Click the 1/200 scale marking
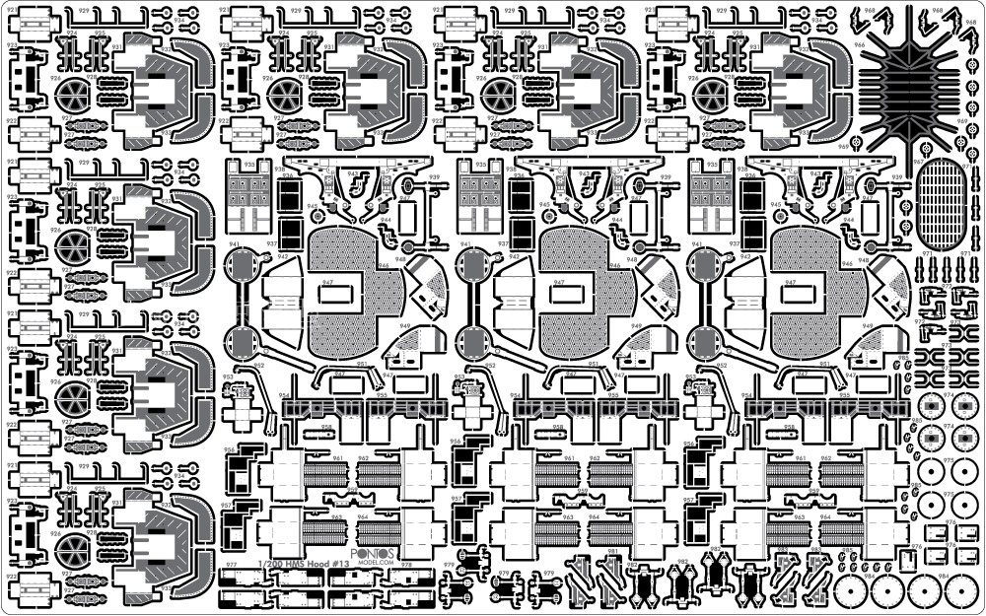tap(268, 564)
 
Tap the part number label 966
tap(860, 44)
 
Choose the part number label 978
tap(405, 566)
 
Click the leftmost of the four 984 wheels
tap(850, 594)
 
